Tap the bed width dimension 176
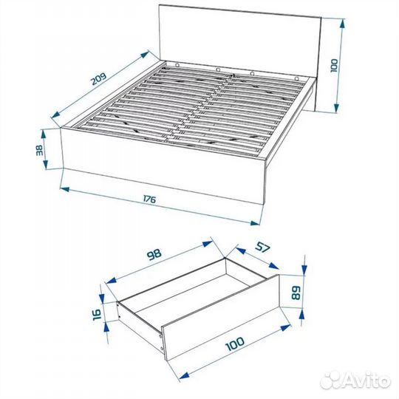tap(149, 199)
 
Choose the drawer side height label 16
tap(99, 313)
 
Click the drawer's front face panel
tap(222, 329)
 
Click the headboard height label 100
tap(333, 66)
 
